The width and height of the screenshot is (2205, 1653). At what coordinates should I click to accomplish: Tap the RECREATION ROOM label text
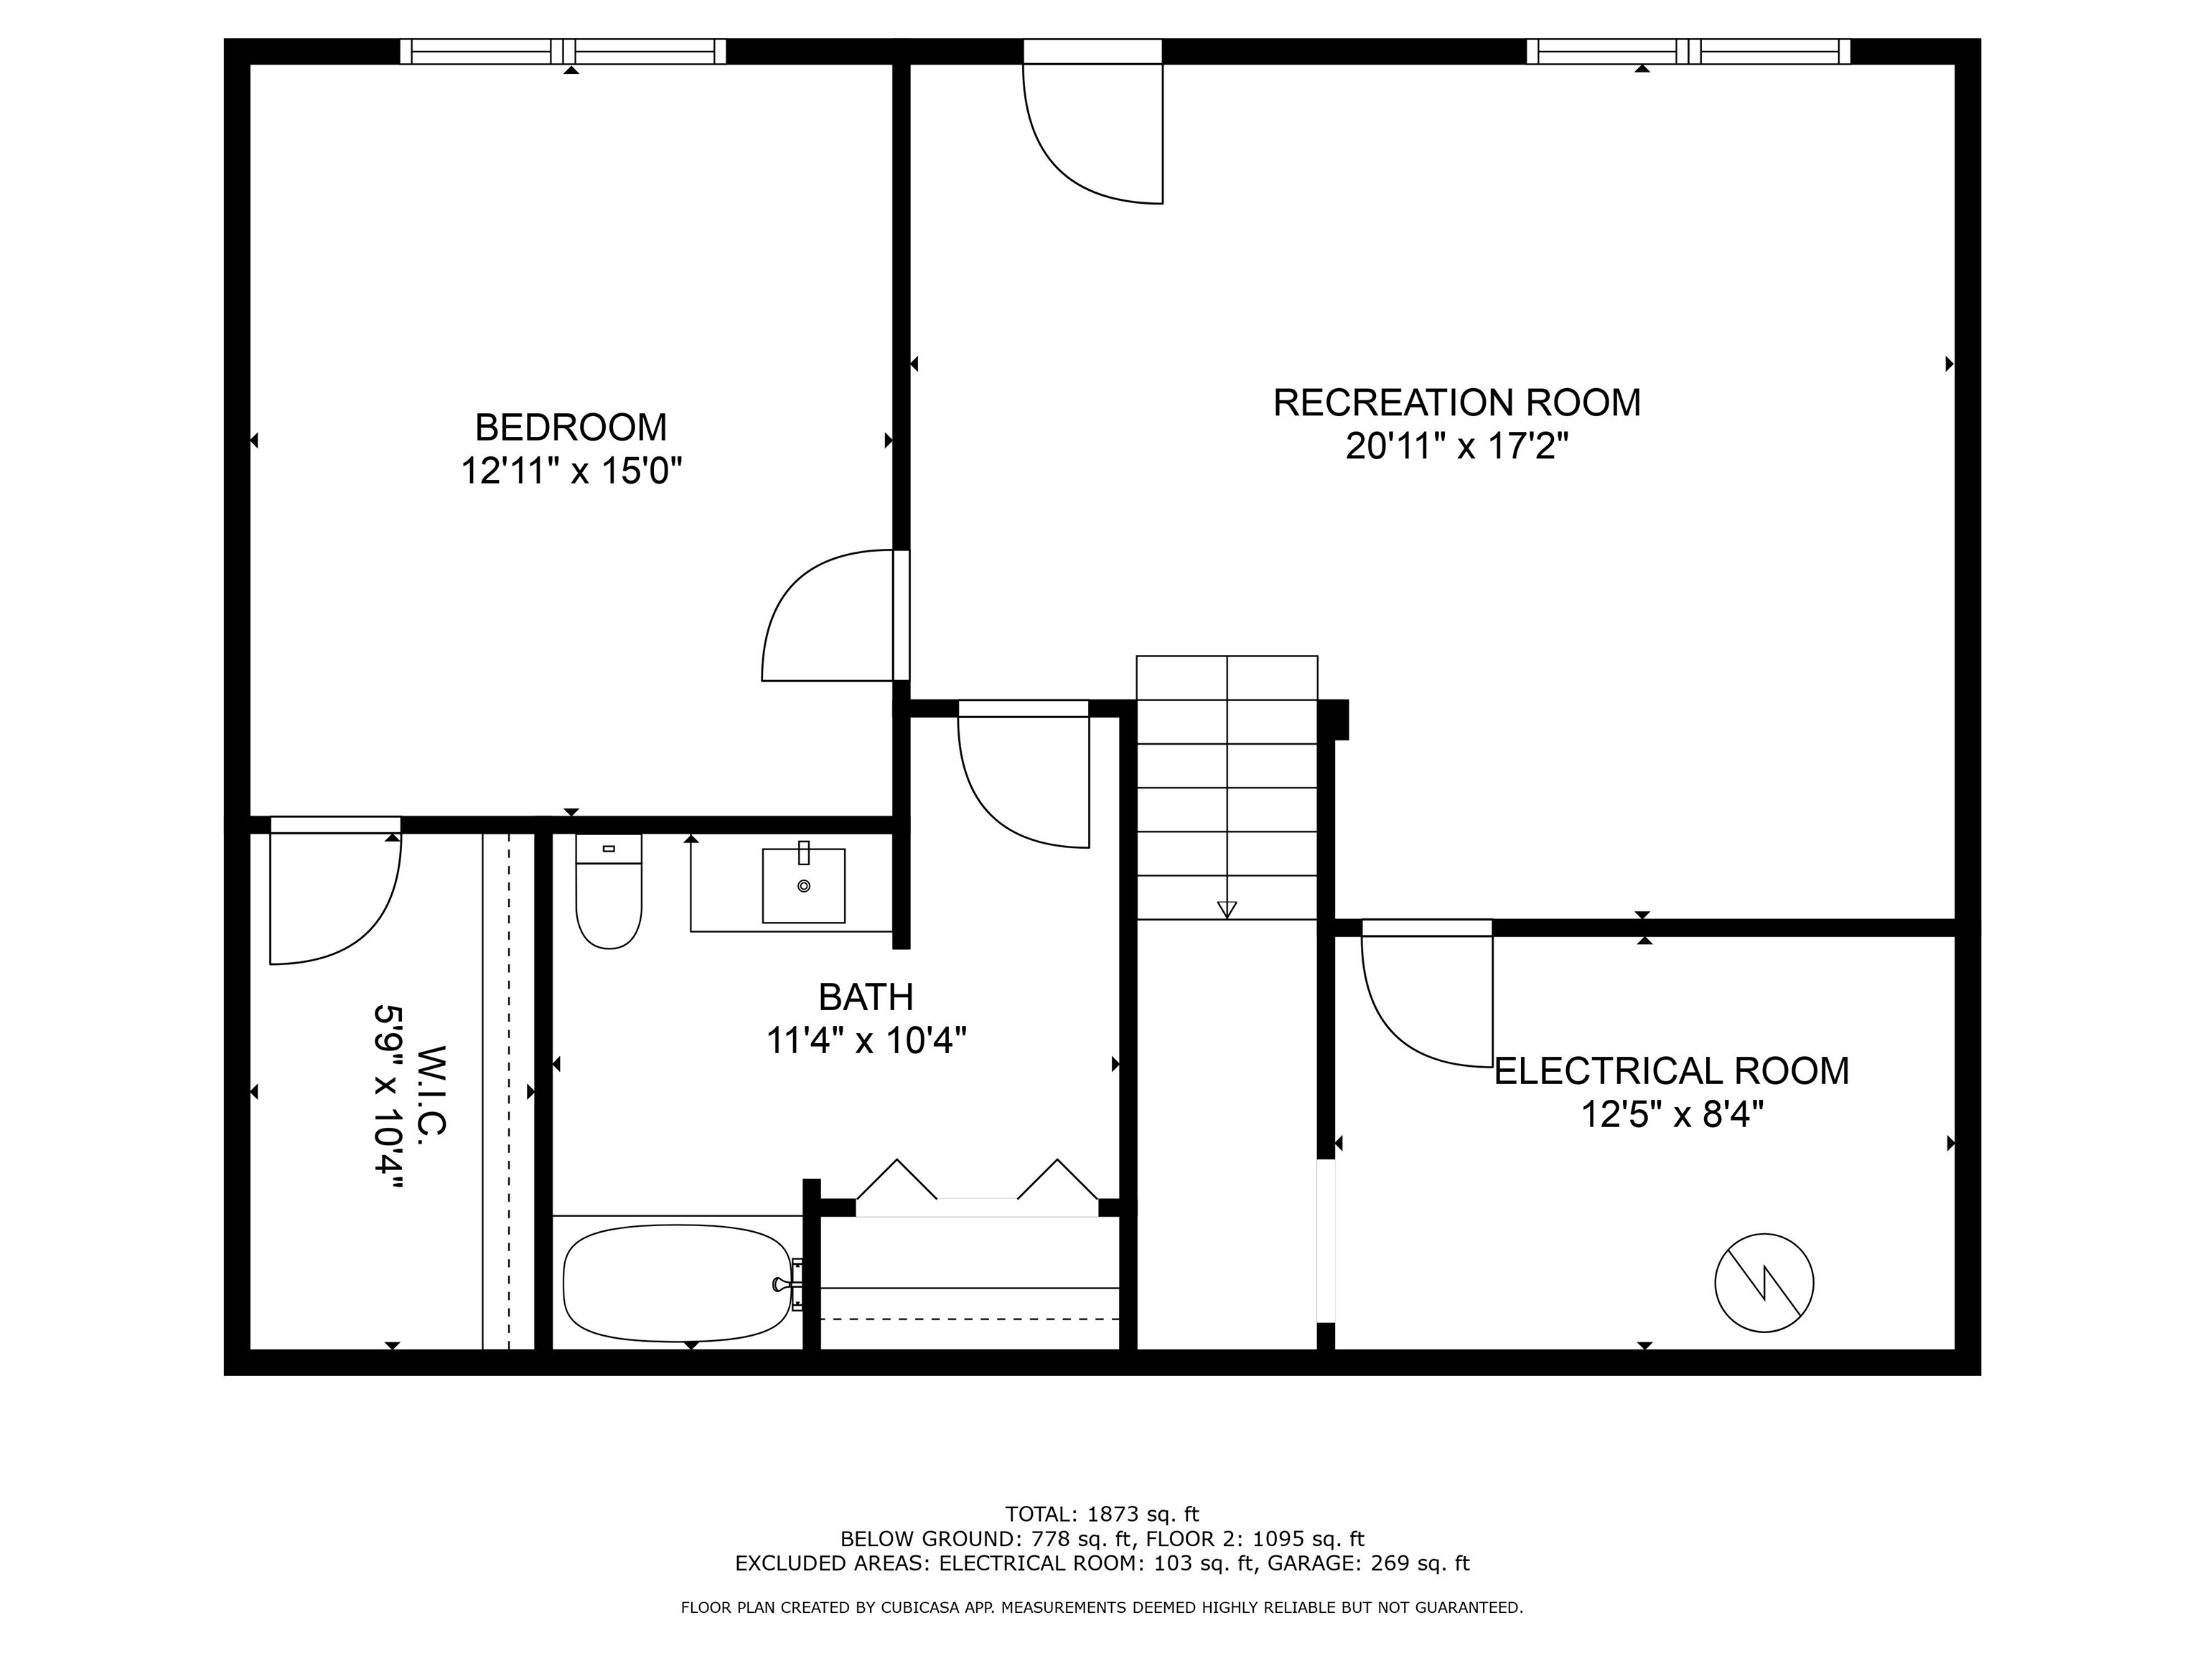click(1456, 402)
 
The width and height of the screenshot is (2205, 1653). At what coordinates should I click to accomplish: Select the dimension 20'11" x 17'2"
click(1456, 446)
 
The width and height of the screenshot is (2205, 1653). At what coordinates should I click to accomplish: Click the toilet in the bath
click(608, 891)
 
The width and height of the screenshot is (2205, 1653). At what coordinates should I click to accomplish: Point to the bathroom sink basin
click(803, 885)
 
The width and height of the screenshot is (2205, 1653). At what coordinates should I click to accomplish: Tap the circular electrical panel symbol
click(1764, 1282)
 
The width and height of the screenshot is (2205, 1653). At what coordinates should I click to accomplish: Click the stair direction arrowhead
click(1227, 909)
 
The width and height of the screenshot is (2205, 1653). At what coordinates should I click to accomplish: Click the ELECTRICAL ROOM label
click(1672, 1071)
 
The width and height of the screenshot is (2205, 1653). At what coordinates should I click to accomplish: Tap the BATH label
click(865, 997)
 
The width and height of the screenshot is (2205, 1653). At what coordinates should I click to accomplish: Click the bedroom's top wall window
click(563, 51)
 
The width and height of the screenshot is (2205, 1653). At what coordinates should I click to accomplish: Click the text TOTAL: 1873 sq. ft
click(1102, 1515)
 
